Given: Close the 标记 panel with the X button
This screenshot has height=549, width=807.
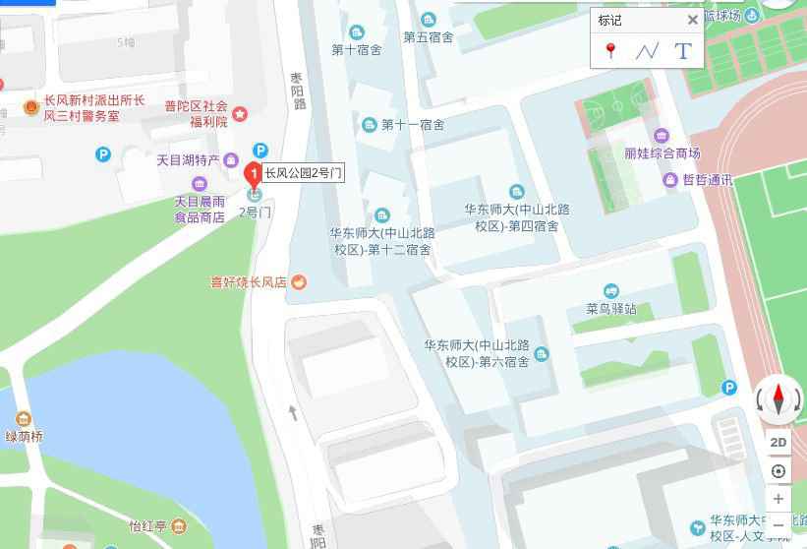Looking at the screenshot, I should (x=692, y=21).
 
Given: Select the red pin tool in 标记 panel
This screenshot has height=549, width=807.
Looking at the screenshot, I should (x=610, y=51).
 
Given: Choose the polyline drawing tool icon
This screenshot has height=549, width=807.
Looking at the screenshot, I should (x=646, y=51).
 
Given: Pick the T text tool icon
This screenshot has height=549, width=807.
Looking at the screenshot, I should (x=683, y=51).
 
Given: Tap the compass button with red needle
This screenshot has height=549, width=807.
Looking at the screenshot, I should (x=778, y=399).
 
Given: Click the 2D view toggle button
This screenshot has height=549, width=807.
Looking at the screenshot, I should (x=778, y=442).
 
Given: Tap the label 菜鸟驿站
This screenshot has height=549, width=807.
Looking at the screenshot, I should (x=611, y=308).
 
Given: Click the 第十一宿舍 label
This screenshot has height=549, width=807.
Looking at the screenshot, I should (x=412, y=125).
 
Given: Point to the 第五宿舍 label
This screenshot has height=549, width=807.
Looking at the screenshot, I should (x=428, y=37).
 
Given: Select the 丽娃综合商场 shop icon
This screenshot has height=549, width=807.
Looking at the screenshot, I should (x=661, y=135).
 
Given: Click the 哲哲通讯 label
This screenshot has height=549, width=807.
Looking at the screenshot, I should (x=708, y=179).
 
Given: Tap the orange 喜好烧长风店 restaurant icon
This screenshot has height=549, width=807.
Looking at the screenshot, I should (x=299, y=282).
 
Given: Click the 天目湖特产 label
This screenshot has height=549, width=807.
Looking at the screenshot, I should (x=188, y=160).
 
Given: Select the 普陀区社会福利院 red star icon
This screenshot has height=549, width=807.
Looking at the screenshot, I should (x=240, y=114).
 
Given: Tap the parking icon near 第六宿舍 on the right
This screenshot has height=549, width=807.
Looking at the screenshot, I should (x=728, y=388).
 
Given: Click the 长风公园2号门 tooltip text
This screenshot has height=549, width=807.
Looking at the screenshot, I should (x=303, y=173).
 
